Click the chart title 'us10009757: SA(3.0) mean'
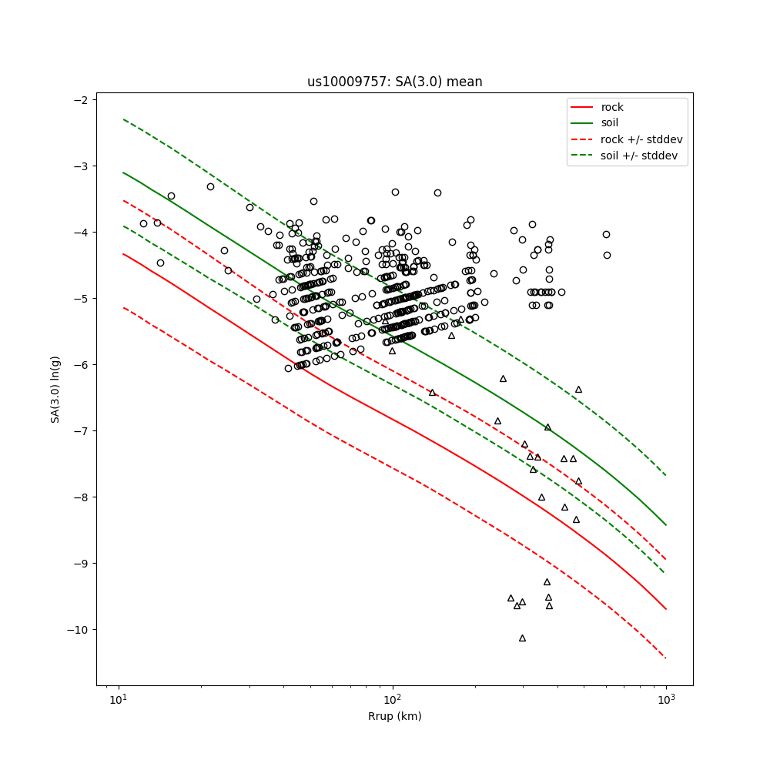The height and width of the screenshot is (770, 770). (394, 82)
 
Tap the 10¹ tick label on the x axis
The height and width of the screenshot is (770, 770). (118, 699)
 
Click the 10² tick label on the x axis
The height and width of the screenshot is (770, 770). (392, 699)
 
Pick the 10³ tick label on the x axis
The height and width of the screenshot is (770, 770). (666, 699)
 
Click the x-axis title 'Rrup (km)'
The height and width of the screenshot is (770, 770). (394, 716)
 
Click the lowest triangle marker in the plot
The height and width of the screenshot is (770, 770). (522, 638)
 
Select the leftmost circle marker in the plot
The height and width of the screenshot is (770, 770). (143, 223)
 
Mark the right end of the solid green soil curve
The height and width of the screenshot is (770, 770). (666, 525)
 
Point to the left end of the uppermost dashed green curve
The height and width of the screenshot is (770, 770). (123, 119)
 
